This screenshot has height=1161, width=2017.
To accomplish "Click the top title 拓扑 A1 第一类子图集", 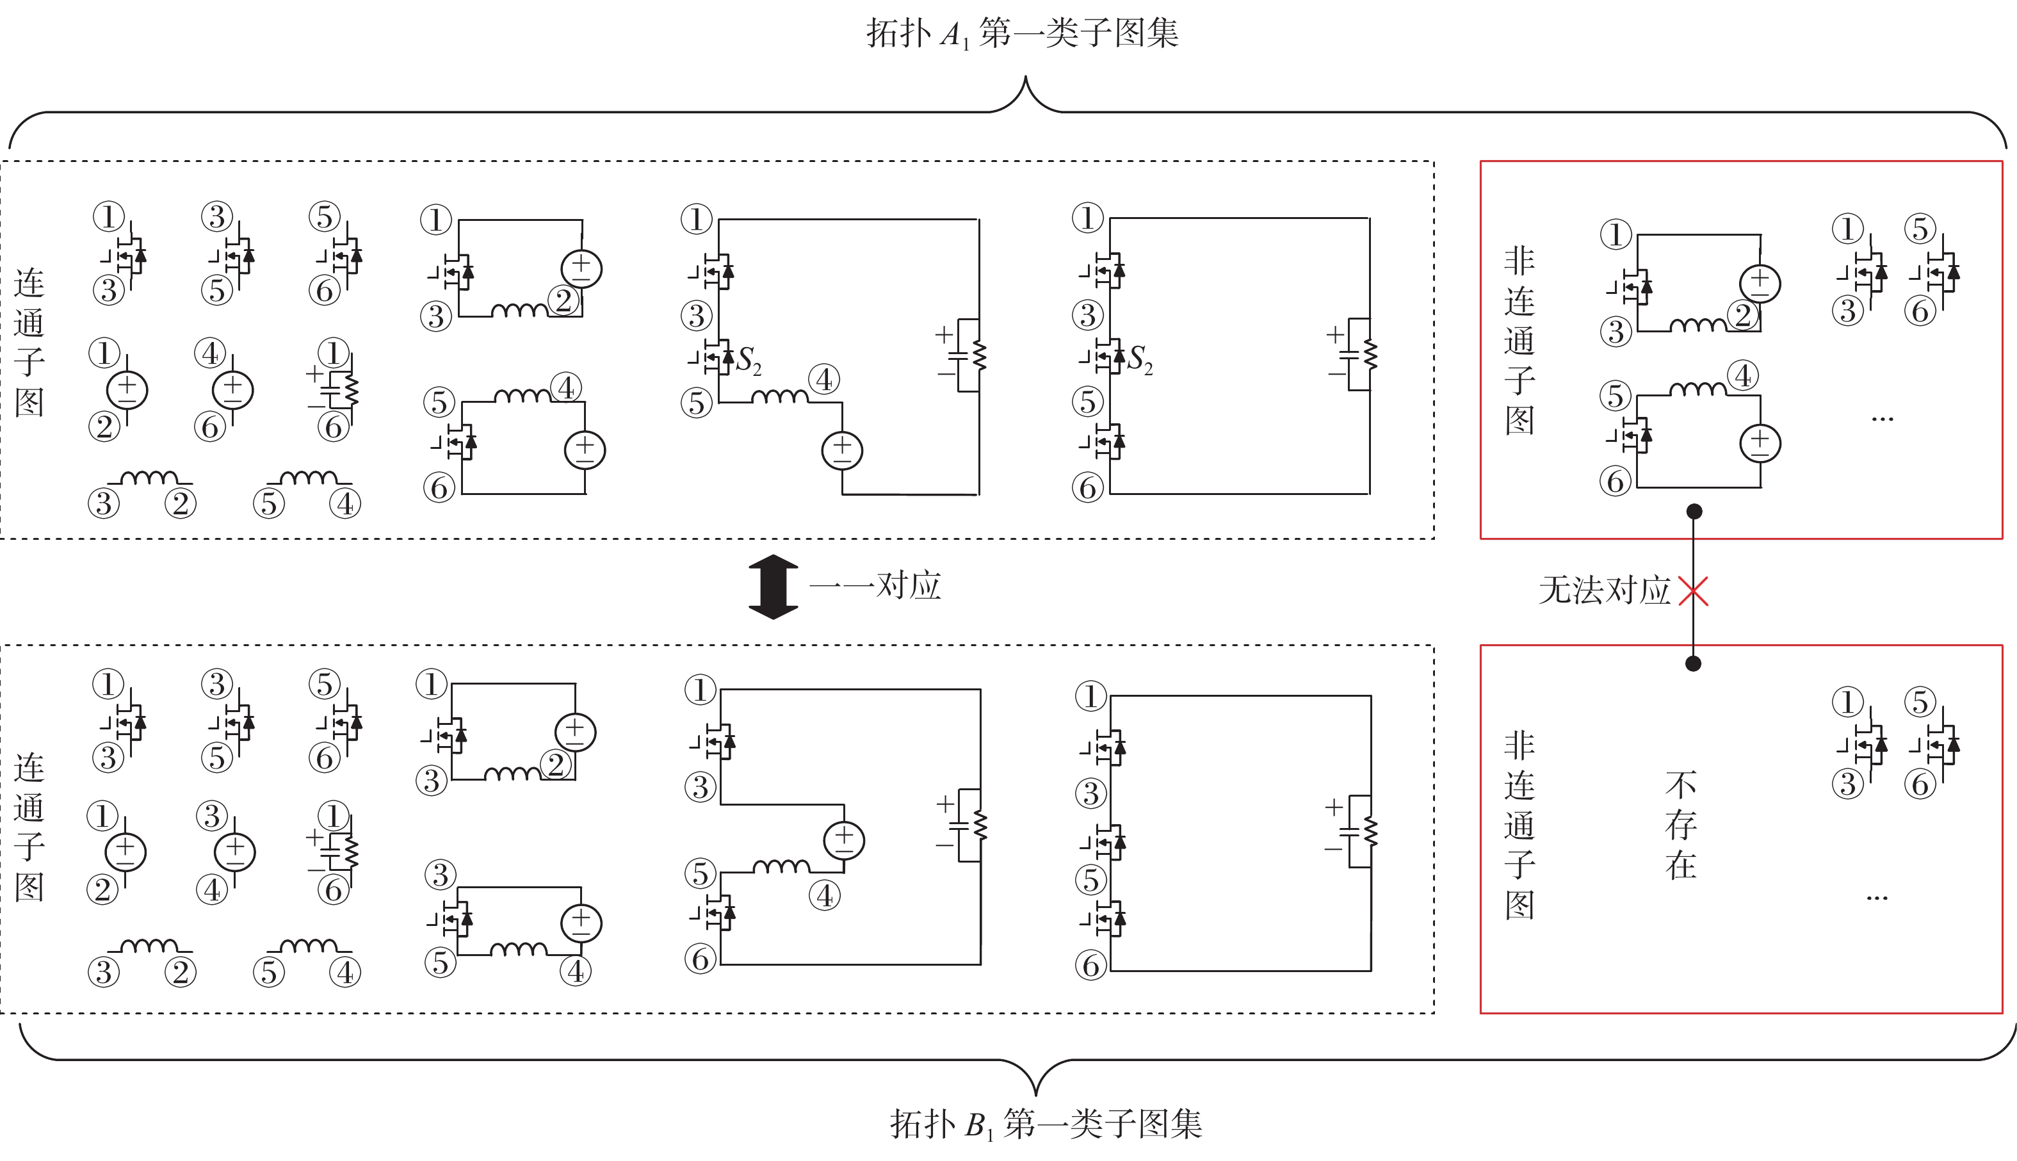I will [1022, 33].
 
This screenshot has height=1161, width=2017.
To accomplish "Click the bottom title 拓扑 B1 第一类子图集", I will [1045, 1124].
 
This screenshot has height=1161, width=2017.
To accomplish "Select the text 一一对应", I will [875, 586].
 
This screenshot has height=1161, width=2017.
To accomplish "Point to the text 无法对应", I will [1603, 591].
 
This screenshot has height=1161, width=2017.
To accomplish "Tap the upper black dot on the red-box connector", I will [1694, 511].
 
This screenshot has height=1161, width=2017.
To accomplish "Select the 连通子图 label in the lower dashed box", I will [29, 827].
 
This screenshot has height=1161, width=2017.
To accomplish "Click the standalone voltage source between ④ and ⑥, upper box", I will [232, 390].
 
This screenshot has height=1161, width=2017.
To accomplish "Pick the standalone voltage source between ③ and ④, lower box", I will [234, 852].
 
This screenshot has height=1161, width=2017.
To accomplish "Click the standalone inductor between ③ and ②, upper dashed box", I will [149, 479].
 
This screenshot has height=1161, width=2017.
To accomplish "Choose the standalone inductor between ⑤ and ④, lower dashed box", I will [309, 946].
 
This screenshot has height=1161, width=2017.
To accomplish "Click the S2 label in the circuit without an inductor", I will [1139, 359].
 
